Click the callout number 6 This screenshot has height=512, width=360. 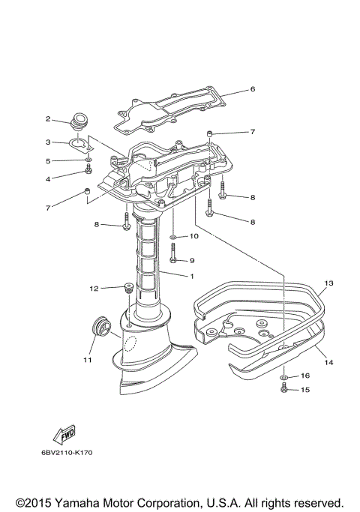253,89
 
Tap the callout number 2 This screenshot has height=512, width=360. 47,118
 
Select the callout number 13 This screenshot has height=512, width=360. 328,283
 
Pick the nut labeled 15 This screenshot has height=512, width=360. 285,389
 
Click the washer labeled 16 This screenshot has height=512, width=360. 285,376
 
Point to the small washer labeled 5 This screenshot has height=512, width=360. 88,160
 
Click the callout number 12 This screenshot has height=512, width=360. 94,288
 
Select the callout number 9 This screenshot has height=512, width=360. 191,260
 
